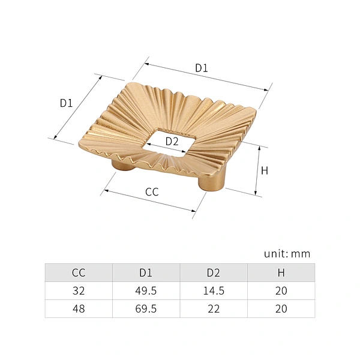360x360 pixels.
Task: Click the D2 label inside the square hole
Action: click(x=172, y=142)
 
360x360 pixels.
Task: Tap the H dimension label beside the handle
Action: click(x=265, y=171)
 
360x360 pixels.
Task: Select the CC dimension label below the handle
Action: click(x=152, y=192)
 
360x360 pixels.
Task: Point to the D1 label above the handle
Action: click(x=202, y=68)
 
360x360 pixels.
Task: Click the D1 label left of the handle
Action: click(x=66, y=103)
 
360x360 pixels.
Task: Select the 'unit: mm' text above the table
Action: click(x=287, y=254)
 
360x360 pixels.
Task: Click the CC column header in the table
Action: click(x=79, y=273)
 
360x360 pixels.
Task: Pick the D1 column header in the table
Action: click(x=146, y=273)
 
